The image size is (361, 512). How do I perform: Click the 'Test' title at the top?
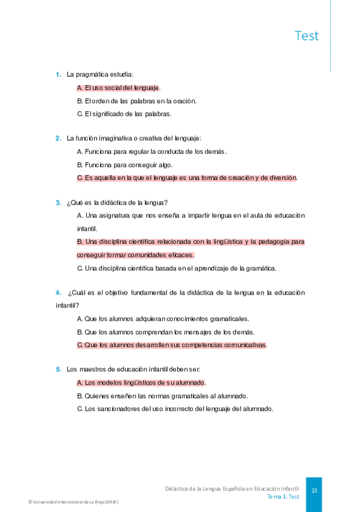[x=306, y=36]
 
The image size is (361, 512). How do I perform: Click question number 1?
[x=58, y=74]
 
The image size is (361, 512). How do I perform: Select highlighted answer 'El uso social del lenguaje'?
[x=119, y=88]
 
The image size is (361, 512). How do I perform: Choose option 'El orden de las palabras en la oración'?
[x=137, y=101]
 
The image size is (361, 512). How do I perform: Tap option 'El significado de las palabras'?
[x=125, y=114]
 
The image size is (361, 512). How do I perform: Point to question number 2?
[x=58, y=138]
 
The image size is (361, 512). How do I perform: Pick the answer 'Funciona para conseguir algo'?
[x=125, y=164]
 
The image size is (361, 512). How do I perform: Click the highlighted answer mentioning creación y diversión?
[x=187, y=178]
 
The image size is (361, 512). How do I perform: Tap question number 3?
[x=58, y=202]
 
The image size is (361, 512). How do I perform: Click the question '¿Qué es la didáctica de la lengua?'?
[x=117, y=202]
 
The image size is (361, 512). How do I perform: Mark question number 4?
[x=58, y=293]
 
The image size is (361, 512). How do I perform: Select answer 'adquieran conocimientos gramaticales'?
[x=163, y=319]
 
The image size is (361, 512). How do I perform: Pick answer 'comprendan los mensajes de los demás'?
[x=166, y=332]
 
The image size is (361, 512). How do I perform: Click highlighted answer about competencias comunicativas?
[x=172, y=345]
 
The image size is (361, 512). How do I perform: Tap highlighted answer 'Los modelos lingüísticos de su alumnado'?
[x=142, y=382]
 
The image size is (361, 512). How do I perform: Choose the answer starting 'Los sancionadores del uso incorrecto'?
[x=175, y=409]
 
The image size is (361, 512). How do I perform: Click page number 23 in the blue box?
[x=314, y=491]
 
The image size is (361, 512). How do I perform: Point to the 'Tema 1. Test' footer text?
[x=283, y=496]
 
